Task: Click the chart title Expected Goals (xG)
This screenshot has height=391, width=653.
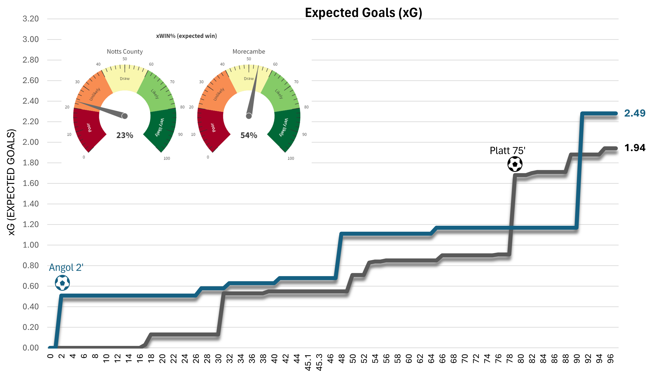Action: (x=363, y=13)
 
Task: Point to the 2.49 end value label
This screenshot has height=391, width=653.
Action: (x=635, y=113)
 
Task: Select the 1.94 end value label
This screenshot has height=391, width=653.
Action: (x=635, y=148)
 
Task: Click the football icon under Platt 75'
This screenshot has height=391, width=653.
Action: (x=515, y=164)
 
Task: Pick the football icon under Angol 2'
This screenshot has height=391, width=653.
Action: (x=62, y=283)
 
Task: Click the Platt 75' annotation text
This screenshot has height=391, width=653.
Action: (x=507, y=151)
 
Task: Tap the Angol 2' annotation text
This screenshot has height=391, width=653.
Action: (x=66, y=267)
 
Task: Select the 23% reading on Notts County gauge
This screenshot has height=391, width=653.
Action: (x=125, y=135)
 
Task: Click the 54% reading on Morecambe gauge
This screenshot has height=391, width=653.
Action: (x=249, y=135)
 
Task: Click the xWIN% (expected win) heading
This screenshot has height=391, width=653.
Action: (x=186, y=36)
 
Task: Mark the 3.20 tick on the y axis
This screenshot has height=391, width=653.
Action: (x=31, y=19)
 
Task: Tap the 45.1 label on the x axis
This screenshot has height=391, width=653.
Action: (x=308, y=362)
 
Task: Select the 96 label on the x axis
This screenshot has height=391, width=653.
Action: (x=611, y=359)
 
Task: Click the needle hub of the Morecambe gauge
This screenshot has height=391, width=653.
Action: (x=249, y=116)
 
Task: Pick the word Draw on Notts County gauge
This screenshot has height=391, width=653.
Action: (x=125, y=78)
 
